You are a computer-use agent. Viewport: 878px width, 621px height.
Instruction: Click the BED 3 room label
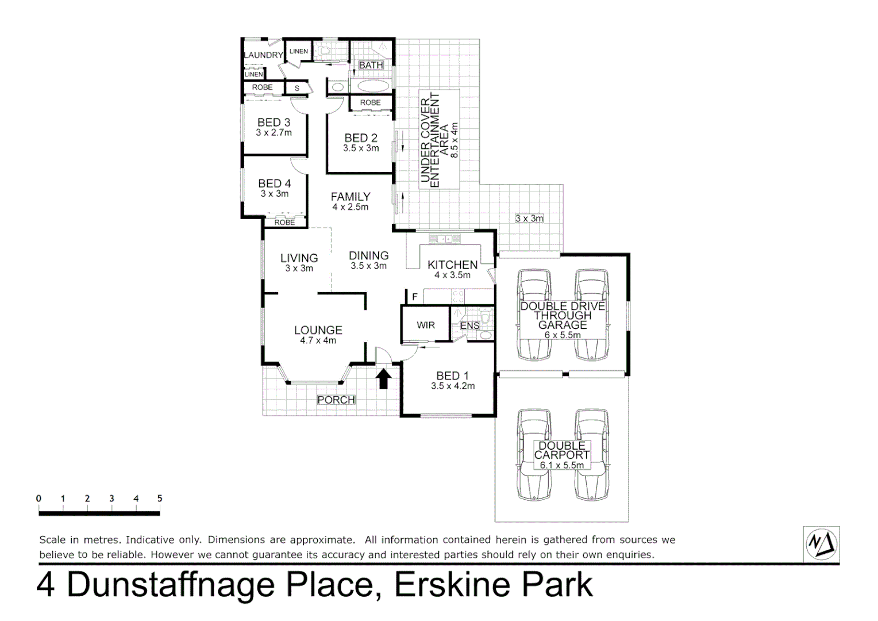[274, 122]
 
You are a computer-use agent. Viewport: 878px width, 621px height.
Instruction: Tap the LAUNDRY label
[264, 55]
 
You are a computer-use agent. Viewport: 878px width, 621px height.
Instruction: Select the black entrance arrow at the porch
[384, 379]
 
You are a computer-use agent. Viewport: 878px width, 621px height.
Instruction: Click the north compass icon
[822, 543]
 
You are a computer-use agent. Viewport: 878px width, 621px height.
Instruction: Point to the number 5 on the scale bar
[160, 499]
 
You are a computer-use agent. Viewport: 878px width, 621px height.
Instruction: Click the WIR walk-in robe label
[426, 325]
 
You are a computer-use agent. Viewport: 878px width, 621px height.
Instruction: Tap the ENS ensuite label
[470, 326]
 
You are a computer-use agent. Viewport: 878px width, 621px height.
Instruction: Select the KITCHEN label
[452, 264]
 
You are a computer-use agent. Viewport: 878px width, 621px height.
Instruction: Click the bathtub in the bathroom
[373, 87]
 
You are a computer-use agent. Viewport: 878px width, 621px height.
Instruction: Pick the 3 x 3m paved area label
[529, 218]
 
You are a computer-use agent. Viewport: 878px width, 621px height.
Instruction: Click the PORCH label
[336, 400]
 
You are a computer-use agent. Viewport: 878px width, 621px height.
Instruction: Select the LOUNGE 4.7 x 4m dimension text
[318, 340]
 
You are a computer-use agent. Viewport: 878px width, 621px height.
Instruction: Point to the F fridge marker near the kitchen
[415, 297]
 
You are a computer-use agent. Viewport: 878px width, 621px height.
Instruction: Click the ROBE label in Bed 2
[370, 103]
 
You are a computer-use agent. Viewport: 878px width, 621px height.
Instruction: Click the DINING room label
[368, 255]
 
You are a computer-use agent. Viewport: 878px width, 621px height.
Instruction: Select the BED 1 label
[452, 375]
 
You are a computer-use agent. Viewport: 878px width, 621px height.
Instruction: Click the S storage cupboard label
[297, 88]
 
